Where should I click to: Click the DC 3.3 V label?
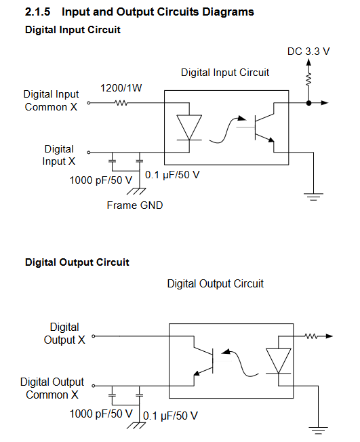coord(308,52)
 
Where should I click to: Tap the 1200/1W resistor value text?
coord(121,88)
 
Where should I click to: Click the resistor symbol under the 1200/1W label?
coord(121,103)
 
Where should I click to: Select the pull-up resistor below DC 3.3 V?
coord(309,79)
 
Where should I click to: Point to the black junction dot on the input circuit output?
coord(309,103)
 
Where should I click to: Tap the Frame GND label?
coord(135,205)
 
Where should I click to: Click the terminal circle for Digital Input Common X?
coord(89,103)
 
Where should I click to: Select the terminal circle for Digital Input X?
coord(89,153)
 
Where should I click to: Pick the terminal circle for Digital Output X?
coord(94,336)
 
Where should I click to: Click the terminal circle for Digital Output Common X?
coord(94,386)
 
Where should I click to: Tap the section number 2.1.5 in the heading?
coord(37,12)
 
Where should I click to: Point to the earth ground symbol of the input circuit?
coord(313,197)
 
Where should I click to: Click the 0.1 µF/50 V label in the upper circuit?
coord(172,175)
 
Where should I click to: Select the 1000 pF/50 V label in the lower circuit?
coord(101,414)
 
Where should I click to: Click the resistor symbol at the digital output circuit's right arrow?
coord(311,336)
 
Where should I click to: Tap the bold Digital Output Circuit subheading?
coord(77,262)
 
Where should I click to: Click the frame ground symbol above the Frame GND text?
coord(136,191)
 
